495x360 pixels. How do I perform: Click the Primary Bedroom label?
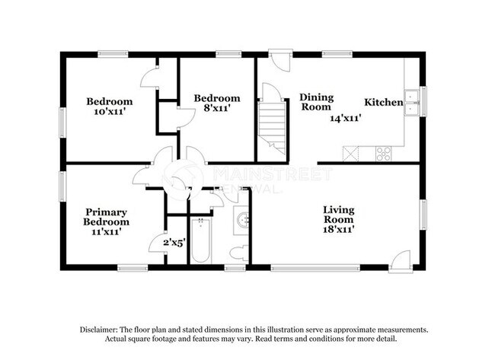pyautogui.click(x=106, y=216)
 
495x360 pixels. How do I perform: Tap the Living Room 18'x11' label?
pyautogui.click(x=339, y=216)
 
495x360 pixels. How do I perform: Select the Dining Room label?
pyautogui.click(x=315, y=102)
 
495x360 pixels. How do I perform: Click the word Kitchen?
pyautogui.click(x=383, y=102)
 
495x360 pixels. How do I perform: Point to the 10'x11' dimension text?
pyautogui.click(x=109, y=111)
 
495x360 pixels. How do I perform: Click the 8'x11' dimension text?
pyautogui.click(x=216, y=108)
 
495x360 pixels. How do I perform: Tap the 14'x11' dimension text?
pyautogui.click(x=345, y=118)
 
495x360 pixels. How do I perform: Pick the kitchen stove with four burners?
pyautogui.click(x=383, y=153)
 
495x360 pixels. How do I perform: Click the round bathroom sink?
pyautogui.click(x=243, y=221)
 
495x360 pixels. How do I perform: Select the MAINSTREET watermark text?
pyautogui.click(x=272, y=175)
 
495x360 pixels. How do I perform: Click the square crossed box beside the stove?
pyautogui.click(x=351, y=153)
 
